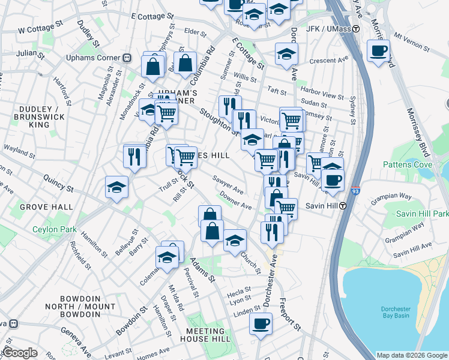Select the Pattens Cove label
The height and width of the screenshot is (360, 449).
tap(406, 164)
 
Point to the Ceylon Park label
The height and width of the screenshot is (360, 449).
tap(54, 229)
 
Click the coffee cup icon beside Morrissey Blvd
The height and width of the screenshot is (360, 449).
tap(378, 52)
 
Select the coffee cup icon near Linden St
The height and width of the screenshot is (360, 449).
tap(261, 325)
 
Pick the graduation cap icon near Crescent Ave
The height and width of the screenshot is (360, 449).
tap(286, 54)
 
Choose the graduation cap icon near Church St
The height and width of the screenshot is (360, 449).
tap(235, 241)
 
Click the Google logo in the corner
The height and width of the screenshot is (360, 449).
tap(20, 353)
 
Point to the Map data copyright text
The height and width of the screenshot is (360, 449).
tap(412, 355)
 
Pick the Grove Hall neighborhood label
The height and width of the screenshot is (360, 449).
tap(37, 207)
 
